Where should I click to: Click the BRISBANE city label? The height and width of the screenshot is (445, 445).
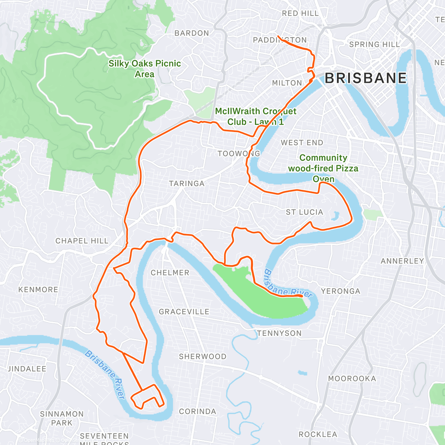(x=366, y=78)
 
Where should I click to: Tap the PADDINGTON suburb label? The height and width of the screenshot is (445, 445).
(x=280, y=40)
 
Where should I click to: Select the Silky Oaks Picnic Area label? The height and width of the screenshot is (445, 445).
(x=145, y=69)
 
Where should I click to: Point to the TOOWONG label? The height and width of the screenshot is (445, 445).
(x=239, y=154)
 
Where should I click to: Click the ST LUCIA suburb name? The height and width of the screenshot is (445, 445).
(x=304, y=212)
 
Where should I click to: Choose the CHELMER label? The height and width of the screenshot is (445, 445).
(x=170, y=273)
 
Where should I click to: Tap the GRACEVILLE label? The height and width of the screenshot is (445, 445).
(x=184, y=312)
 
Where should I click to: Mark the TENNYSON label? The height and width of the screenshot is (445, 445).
(x=279, y=333)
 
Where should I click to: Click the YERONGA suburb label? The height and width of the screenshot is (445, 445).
(x=340, y=291)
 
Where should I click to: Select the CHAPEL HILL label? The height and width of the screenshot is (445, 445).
(x=82, y=241)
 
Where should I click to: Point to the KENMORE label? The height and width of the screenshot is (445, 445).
(x=38, y=290)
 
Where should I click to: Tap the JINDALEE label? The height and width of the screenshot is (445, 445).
(x=27, y=369)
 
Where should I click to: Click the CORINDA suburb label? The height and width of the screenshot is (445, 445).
(x=197, y=412)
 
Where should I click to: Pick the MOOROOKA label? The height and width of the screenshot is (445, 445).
(x=352, y=379)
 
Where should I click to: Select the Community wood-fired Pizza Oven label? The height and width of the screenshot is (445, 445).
(x=323, y=168)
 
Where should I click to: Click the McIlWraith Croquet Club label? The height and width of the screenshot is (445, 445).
(x=256, y=116)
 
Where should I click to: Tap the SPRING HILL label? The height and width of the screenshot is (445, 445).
(x=375, y=44)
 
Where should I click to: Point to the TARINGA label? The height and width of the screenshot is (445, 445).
(x=187, y=184)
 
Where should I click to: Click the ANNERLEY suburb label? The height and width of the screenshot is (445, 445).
(x=402, y=261)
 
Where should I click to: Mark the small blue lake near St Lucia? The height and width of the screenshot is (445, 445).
(x=336, y=215)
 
